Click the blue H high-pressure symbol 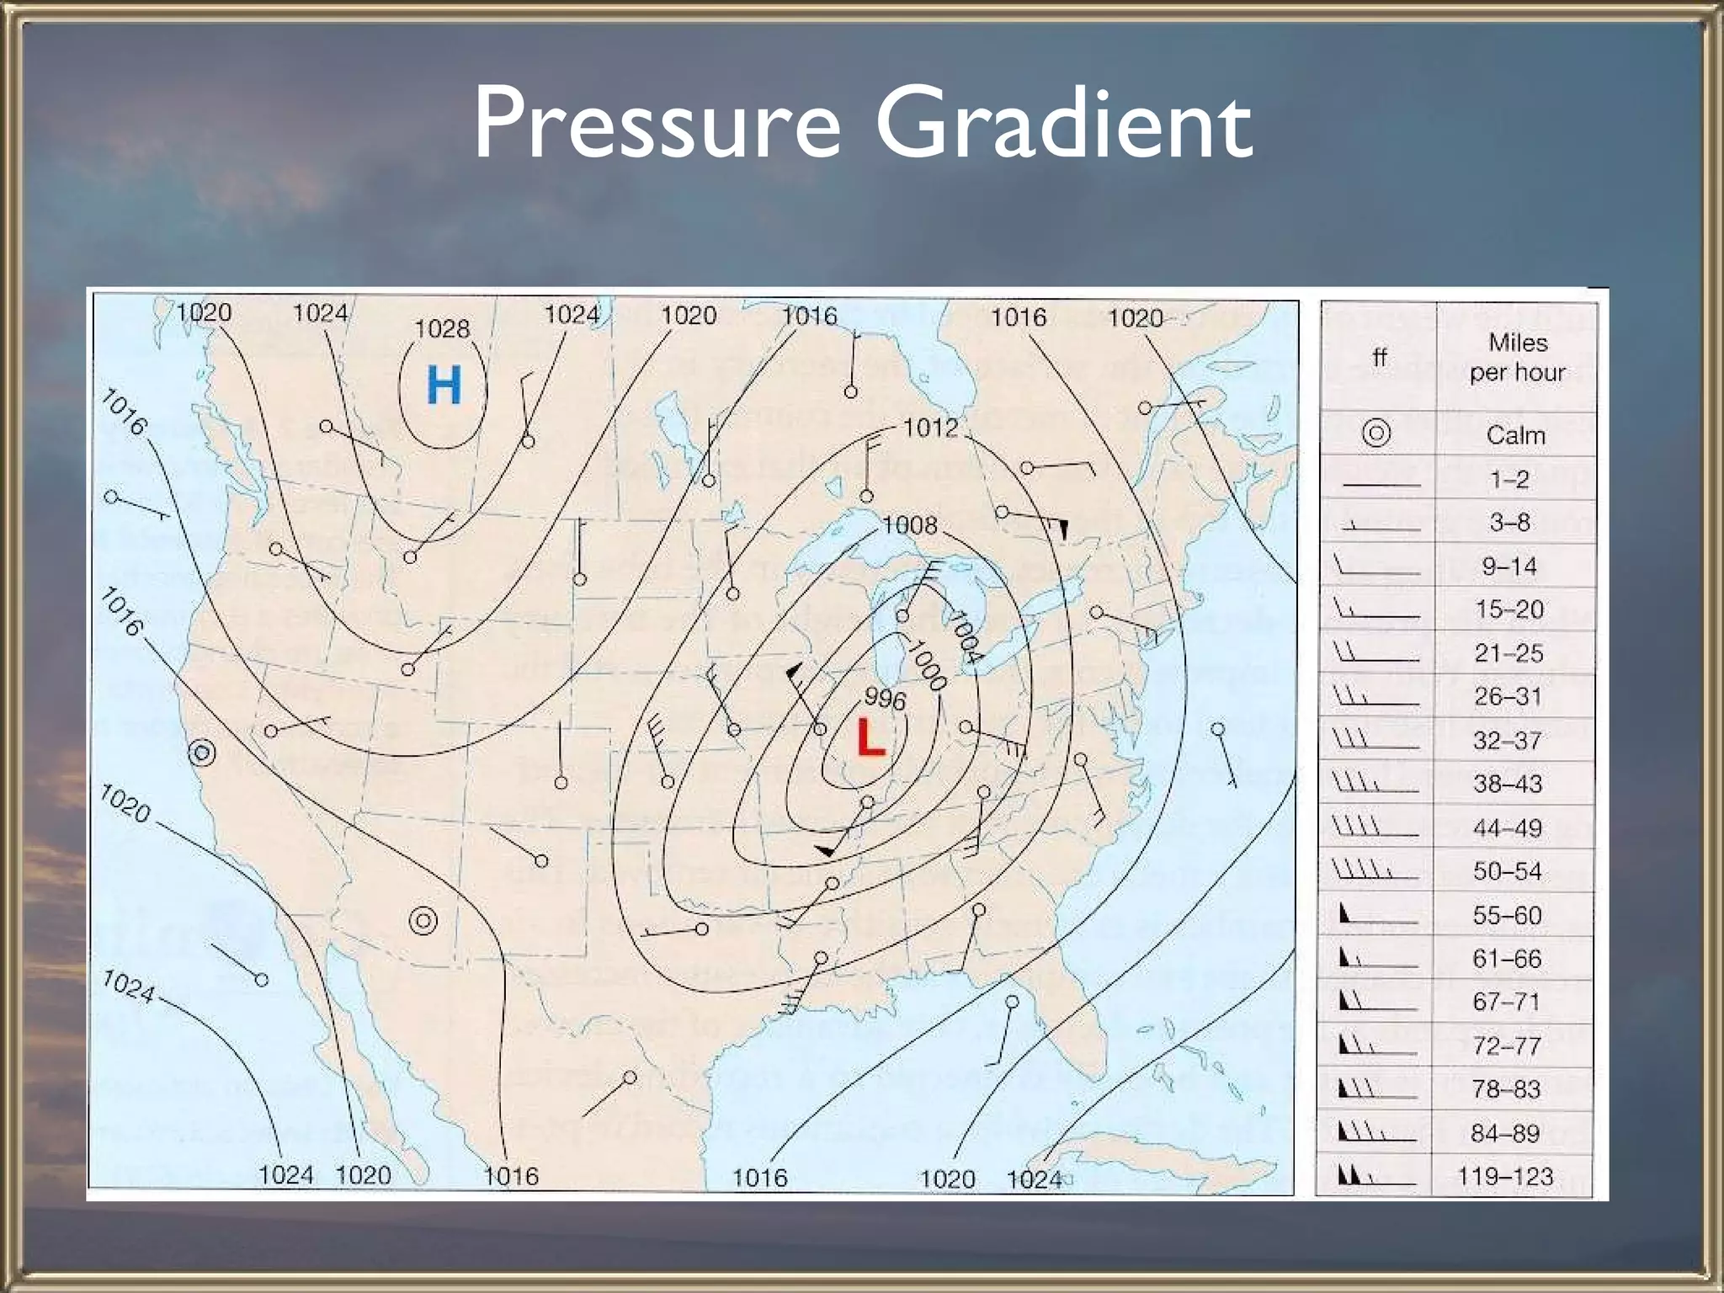(x=444, y=386)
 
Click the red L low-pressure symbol (x=870, y=738)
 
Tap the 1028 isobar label (x=442, y=328)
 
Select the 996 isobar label (x=885, y=700)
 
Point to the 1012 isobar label (x=930, y=428)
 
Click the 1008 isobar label (x=909, y=526)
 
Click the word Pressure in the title (x=657, y=124)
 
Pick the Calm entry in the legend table (x=1515, y=435)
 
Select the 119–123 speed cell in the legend (x=1505, y=1176)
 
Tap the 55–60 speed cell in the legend (x=1507, y=915)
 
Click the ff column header (x=1379, y=357)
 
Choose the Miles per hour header (x=1517, y=357)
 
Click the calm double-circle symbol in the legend (x=1376, y=434)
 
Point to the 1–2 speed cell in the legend (x=1509, y=479)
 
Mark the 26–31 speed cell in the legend (x=1508, y=697)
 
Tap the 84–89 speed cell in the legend (x=1505, y=1133)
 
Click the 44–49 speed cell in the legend (x=1507, y=828)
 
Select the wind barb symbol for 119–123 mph (x=1375, y=1175)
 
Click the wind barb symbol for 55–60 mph (x=1375, y=915)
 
